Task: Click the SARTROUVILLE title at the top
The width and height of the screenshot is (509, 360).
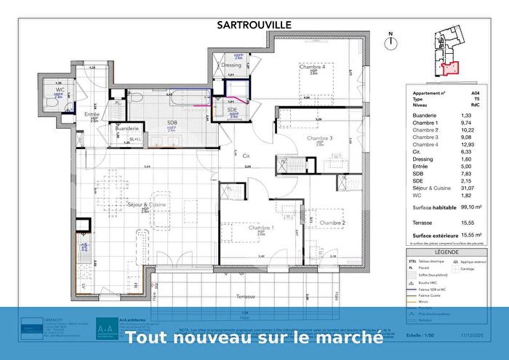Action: click(254, 24)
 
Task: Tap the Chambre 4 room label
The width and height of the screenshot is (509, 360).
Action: click(311, 67)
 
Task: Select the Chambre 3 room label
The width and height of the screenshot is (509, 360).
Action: click(319, 138)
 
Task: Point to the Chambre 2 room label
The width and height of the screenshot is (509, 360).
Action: click(331, 223)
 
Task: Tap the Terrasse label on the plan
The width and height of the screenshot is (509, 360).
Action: click(245, 297)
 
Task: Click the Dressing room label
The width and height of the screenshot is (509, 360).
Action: click(231, 65)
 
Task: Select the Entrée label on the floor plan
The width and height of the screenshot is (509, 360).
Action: click(92, 115)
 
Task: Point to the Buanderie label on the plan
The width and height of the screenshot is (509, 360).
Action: click(127, 128)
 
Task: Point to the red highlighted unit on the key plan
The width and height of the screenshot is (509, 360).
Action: click(452, 68)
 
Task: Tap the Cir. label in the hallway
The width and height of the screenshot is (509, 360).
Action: click(247, 156)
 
